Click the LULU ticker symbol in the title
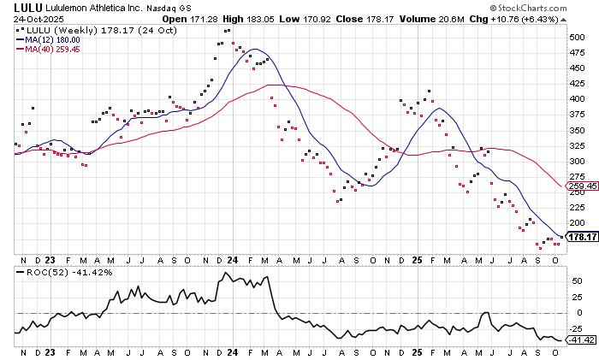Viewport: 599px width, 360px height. click(x=18, y=8)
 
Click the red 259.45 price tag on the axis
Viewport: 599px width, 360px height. click(x=579, y=186)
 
